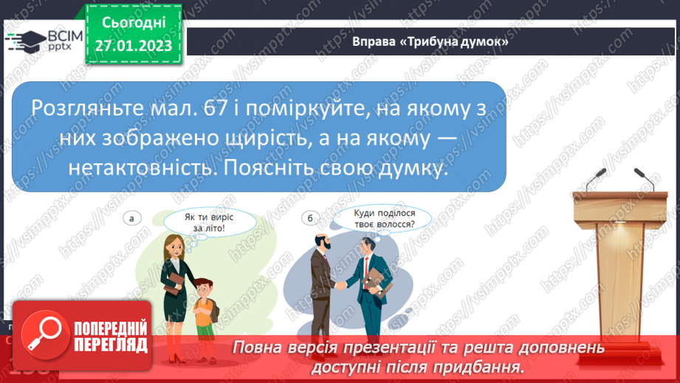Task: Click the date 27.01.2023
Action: point(133,46)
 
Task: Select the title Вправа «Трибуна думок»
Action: point(431,42)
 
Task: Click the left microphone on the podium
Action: point(597,179)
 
